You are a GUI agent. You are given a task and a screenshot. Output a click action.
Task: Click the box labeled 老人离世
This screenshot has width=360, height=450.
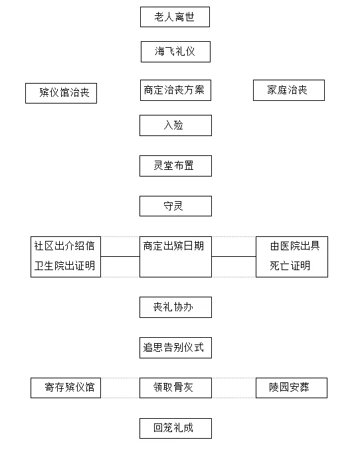coord(175,17)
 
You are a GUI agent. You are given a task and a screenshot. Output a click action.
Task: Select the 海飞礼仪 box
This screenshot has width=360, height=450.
coord(175,52)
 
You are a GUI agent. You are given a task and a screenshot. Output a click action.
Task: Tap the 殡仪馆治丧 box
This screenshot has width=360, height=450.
coord(61,94)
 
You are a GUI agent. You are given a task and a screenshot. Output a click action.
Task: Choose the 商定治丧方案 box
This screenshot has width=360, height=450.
coord(175,90)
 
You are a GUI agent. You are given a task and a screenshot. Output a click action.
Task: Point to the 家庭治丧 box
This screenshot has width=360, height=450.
coord(289,90)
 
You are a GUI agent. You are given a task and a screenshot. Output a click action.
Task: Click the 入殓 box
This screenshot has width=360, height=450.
coord(175,125)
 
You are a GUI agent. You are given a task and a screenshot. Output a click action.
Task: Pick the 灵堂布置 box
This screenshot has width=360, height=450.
coord(175,166)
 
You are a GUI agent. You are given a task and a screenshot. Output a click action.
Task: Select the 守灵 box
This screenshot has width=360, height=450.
coord(175,206)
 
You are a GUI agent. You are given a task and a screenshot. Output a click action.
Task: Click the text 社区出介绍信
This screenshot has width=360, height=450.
coord(64,246)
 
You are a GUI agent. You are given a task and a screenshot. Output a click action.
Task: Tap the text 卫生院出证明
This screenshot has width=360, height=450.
coord(64,265)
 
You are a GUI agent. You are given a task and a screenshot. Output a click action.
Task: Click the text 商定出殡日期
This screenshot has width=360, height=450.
coord(173,246)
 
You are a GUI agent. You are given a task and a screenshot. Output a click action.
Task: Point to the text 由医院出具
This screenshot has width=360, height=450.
coord(295,246)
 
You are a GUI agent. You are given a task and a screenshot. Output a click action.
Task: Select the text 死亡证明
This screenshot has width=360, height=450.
coord(290,265)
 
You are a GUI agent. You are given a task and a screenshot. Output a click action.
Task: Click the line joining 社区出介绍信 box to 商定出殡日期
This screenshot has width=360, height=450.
coord(120,257)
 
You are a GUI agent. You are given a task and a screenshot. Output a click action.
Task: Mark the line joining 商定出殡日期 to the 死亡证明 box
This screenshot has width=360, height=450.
coord(234,257)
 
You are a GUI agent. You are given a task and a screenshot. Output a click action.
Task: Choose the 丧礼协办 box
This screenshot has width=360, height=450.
coord(175,307)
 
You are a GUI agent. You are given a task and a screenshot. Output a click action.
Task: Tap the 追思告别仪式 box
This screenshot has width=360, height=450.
coord(175,348)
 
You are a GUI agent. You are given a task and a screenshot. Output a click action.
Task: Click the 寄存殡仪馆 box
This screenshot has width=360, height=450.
coord(66,388)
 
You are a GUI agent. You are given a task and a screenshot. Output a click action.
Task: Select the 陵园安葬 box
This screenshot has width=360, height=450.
coord(292,388)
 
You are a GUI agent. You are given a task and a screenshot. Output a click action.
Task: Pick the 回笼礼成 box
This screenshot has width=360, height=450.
coord(175,428)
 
